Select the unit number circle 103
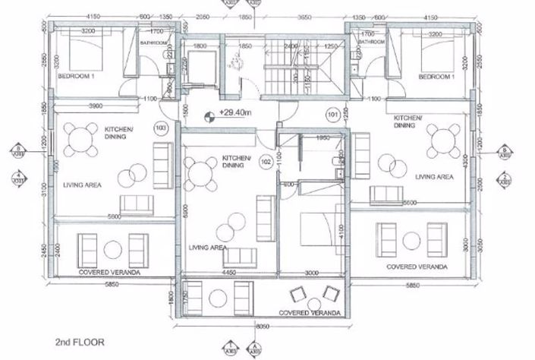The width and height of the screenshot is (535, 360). coord(160,128)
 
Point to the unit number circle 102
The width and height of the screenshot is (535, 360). coord(266,161)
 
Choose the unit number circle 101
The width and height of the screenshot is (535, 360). coord(332,116)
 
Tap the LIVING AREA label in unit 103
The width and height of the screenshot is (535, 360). coord(77,184)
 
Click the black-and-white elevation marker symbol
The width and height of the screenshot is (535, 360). coord(206,117)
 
